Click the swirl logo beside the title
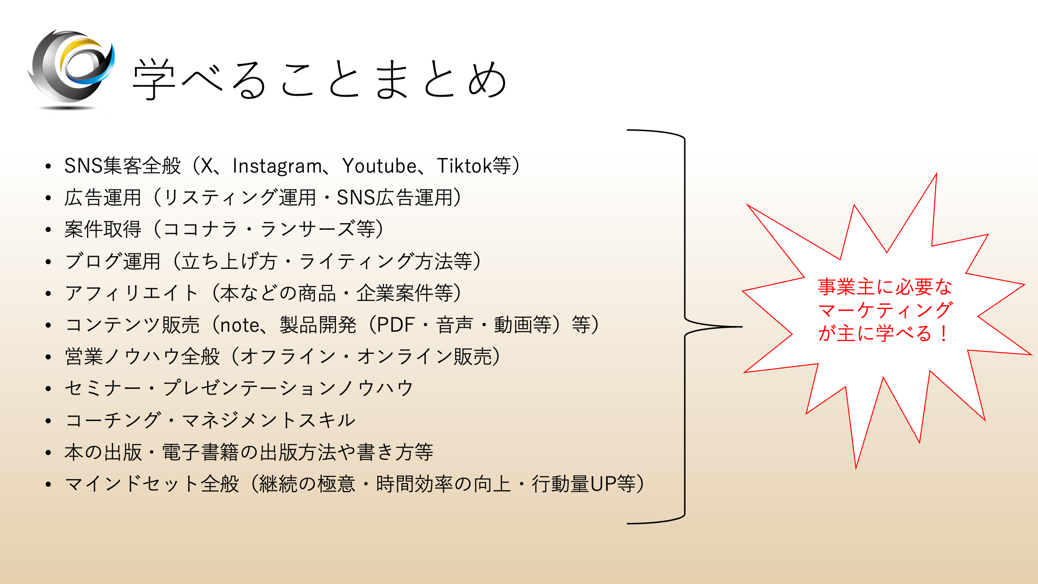tap(71, 70)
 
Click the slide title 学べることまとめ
tap(320, 79)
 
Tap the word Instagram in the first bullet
tap(277, 166)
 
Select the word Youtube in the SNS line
tap(380, 166)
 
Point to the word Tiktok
tap(464, 166)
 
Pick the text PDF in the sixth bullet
tap(395, 325)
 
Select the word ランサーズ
tap(308, 229)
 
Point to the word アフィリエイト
tap(131, 293)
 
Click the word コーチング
tap(113, 420)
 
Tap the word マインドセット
tap(132, 484)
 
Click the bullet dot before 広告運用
tap(48, 198)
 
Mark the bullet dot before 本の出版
tap(48, 452)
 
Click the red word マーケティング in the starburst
tap(885, 311)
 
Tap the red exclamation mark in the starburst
tap(944, 334)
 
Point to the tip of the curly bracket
tap(742, 327)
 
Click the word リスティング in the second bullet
tap(221, 198)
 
